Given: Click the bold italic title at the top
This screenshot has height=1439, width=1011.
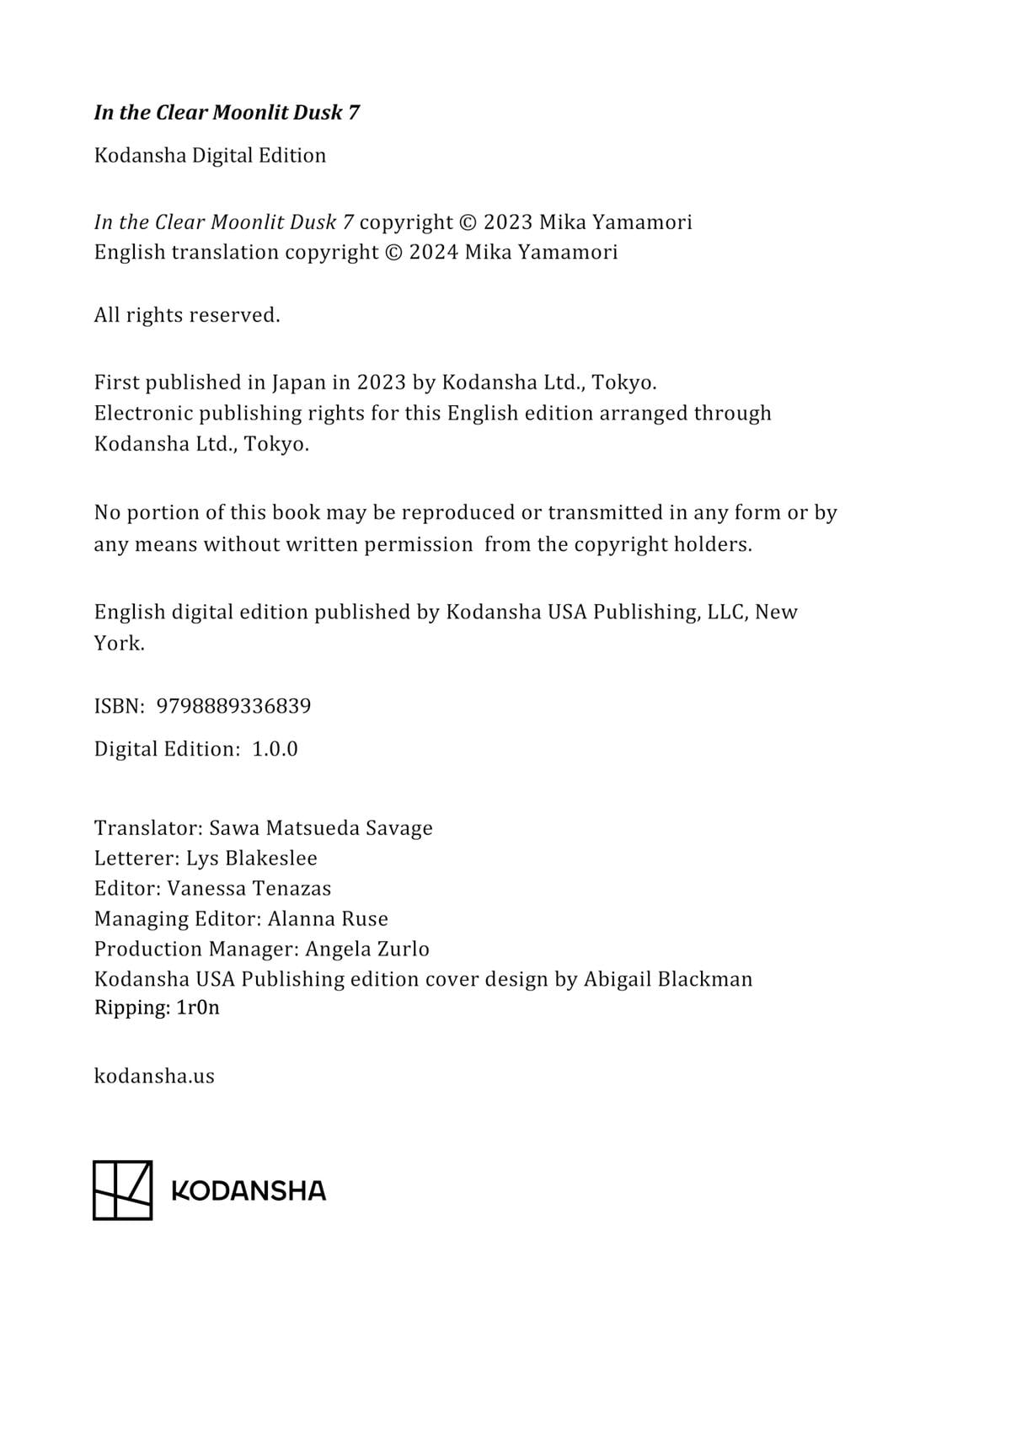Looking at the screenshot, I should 227,112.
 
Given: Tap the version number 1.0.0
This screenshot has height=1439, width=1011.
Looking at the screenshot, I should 275,749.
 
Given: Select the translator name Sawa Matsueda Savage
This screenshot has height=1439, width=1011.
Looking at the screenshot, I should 320,827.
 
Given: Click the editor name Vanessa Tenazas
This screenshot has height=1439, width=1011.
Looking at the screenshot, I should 249,888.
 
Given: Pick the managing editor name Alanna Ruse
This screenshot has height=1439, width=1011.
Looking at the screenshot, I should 328,918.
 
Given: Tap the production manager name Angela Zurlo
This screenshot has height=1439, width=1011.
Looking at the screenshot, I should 366,949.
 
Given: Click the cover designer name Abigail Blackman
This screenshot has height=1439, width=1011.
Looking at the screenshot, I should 667,979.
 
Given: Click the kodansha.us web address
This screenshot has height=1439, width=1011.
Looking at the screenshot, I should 154,1076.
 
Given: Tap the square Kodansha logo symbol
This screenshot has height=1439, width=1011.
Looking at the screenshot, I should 122,1190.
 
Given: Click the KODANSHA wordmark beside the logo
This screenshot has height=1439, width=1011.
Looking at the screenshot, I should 248,1190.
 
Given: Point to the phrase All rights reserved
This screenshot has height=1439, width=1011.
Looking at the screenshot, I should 186,315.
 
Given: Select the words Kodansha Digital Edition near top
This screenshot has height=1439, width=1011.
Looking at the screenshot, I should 210,155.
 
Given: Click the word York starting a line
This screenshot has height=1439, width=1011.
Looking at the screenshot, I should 119,644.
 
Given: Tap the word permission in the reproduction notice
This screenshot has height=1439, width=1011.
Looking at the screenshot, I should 418,544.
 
